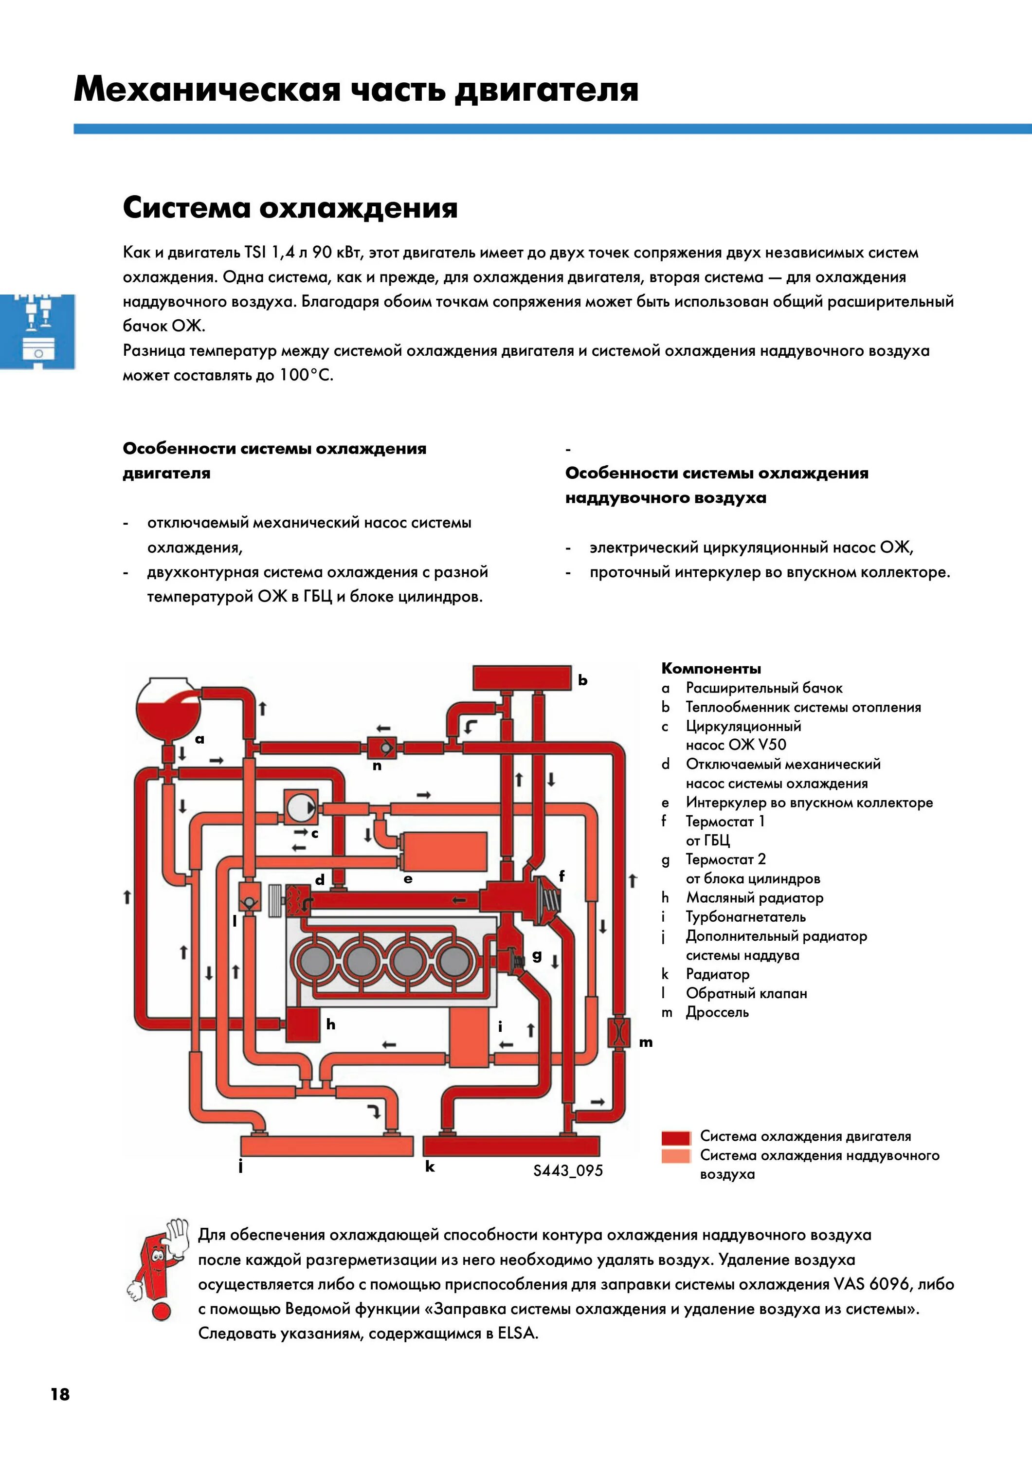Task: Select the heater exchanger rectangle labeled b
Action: click(x=522, y=677)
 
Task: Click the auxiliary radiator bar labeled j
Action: click(x=326, y=1146)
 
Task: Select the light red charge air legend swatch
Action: click(x=675, y=1156)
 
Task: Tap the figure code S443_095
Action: click(x=568, y=1170)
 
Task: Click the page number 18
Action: click(x=60, y=1394)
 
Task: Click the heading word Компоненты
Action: click(x=711, y=668)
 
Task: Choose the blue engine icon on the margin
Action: click(x=37, y=331)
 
